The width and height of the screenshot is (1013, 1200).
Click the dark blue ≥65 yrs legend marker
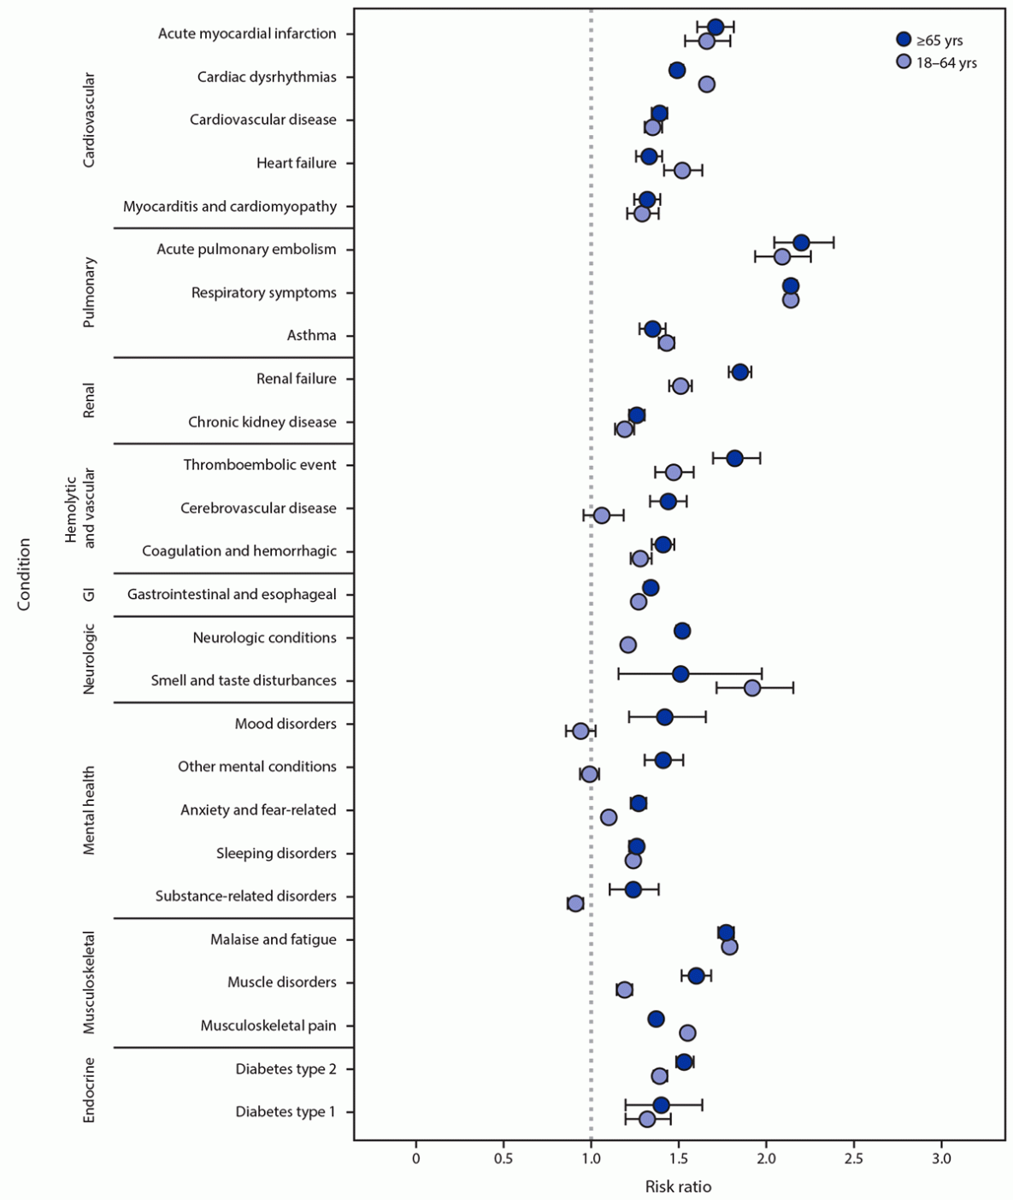point(904,39)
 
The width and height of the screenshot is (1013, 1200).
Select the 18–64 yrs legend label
point(946,62)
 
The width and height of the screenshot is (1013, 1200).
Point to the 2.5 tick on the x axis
point(853,1158)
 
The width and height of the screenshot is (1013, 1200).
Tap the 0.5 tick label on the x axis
point(504,1158)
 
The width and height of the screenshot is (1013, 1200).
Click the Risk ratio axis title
point(678,1186)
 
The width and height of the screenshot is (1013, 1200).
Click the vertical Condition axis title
point(24,574)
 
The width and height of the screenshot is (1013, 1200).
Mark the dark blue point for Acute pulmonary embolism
point(801,243)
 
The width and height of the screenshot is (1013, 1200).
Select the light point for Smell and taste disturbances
point(752,688)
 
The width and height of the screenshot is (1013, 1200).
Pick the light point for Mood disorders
point(580,731)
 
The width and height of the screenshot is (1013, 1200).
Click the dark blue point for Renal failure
point(740,372)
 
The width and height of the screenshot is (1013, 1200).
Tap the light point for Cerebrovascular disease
point(602,515)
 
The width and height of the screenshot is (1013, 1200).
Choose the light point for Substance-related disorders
point(575,903)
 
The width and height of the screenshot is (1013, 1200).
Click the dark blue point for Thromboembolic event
point(734,458)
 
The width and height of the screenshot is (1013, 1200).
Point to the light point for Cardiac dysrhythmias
point(707,84)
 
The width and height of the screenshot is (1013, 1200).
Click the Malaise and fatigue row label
point(274,939)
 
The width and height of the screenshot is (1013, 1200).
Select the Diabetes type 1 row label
point(286,1112)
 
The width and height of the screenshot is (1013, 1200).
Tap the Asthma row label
point(311,335)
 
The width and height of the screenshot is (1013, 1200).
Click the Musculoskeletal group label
point(89,982)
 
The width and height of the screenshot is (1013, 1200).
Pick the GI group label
point(89,594)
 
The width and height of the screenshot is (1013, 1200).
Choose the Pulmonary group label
point(89,292)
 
